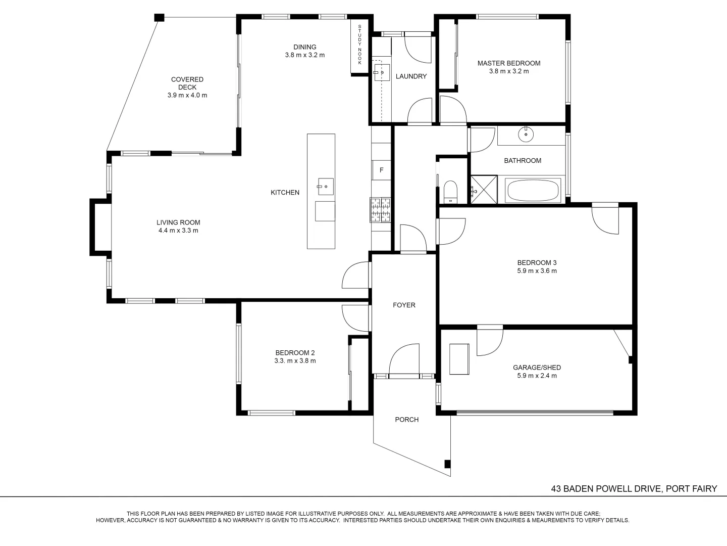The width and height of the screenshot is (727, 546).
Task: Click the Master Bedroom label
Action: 508,63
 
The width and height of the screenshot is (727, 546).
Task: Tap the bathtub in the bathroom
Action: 533,191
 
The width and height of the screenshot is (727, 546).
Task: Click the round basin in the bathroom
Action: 526,134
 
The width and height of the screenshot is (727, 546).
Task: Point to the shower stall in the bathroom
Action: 483,190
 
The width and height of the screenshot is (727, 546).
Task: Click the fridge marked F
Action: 381,170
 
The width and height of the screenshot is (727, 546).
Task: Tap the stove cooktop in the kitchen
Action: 381,209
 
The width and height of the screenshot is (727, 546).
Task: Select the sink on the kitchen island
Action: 325,187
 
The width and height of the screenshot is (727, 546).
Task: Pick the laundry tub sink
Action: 382,72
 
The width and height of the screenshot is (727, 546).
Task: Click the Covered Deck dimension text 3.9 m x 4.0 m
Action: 187,95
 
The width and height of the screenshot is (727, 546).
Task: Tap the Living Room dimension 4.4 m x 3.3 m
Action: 178,231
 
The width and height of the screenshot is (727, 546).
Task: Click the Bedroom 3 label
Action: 537,262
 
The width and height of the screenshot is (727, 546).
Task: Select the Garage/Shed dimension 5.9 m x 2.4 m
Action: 537,376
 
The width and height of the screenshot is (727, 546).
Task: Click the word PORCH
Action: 406,420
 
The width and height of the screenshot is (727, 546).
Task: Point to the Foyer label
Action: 404,305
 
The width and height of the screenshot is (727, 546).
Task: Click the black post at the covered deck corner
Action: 159,17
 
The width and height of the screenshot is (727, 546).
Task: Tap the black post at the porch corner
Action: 447,464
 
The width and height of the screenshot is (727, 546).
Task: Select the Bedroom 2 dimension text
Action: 295,361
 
